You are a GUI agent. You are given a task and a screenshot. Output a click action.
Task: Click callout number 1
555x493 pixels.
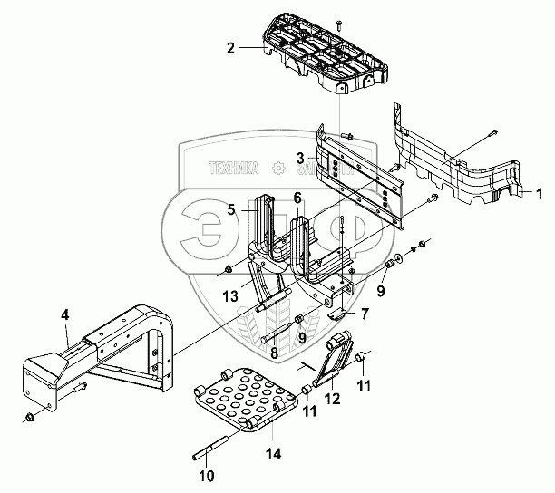tap(538, 192)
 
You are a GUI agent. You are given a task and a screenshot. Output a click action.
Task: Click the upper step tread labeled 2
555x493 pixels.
tap(322, 59)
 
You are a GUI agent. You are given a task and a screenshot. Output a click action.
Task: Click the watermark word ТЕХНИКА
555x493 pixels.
tap(234, 169)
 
